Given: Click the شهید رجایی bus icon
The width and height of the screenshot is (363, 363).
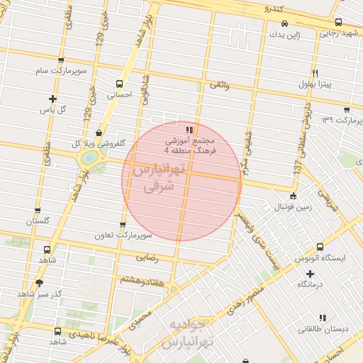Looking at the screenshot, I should (x=338, y=22).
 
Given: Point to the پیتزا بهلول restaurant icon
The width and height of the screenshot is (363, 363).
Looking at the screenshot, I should (x=315, y=73).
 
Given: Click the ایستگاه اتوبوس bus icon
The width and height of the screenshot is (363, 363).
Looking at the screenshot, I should (x=320, y=247).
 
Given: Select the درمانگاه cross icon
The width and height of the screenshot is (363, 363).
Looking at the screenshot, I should (x=309, y=273).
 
